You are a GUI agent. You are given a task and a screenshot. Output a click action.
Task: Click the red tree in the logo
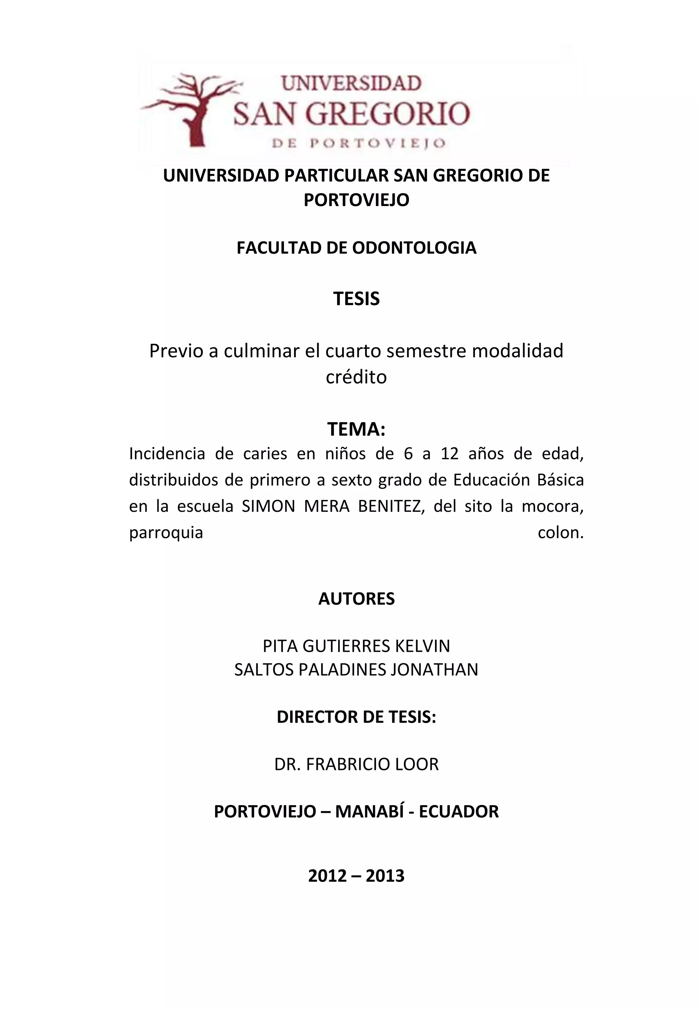click(x=193, y=109)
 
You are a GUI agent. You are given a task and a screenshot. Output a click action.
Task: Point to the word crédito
click(x=356, y=377)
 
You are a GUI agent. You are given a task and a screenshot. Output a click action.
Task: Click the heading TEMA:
click(x=356, y=429)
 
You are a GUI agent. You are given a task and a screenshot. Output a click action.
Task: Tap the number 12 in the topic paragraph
click(x=450, y=454)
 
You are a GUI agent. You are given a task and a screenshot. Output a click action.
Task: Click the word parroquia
click(x=166, y=533)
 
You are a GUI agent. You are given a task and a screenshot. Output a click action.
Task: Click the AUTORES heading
click(x=356, y=599)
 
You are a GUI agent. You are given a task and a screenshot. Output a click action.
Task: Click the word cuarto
click(x=351, y=351)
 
